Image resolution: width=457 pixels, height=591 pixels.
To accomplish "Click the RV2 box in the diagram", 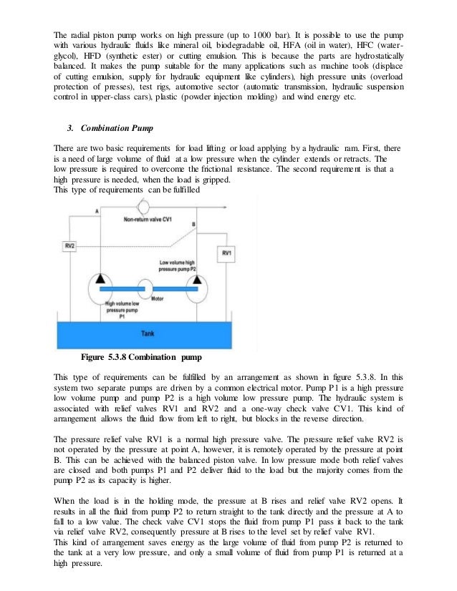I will tap(70, 247).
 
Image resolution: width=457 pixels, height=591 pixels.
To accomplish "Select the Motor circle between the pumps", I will tap(146, 288).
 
